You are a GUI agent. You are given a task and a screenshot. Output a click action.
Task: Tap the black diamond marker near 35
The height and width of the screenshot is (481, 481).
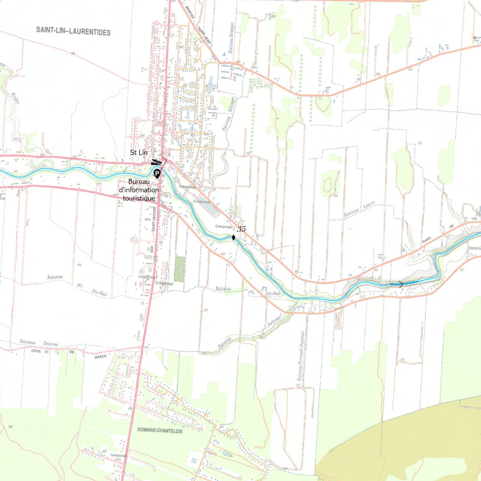(x=233, y=237)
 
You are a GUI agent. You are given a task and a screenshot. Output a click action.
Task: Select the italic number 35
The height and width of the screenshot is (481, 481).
(x=241, y=229)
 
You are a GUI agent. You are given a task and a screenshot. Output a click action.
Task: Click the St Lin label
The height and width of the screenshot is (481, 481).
(x=139, y=153)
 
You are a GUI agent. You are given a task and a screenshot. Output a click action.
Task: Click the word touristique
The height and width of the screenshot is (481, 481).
(x=139, y=198)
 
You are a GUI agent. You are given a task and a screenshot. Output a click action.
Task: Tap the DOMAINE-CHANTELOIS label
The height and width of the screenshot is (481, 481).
(x=160, y=430)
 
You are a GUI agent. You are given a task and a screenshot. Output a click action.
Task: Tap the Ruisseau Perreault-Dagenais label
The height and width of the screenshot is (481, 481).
(x=300, y=356)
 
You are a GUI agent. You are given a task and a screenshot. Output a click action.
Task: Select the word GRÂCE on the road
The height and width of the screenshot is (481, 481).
(x=100, y=356)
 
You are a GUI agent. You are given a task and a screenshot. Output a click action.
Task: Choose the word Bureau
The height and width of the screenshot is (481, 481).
(x=139, y=182)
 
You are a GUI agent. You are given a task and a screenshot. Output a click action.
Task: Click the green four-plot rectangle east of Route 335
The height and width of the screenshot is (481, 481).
(x=180, y=269)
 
